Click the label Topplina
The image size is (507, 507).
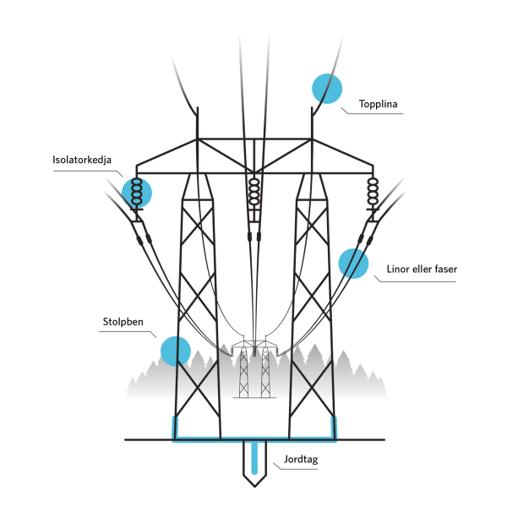click(x=378, y=104)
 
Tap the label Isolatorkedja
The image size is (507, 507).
click(x=82, y=160)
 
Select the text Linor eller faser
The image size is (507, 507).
click(x=422, y=269)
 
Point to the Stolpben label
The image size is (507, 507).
click(x=123, y=322)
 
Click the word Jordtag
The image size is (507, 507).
click(x=301, y=460)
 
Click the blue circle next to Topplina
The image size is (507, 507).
click(x=327, y=89)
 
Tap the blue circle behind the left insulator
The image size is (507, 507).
click(x=137, y=193)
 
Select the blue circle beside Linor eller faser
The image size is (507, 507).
click(x=353, y=264)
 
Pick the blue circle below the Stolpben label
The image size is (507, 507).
click(x=176, y=352)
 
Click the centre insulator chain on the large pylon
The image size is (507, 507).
click(x=254, y=192)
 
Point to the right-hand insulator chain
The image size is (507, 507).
click(x=373, y=192)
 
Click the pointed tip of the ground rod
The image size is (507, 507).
click(x=254, y=487)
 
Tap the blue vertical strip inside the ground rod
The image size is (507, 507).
click(x=254, y=457)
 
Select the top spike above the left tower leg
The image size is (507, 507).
click(x=197, y=123)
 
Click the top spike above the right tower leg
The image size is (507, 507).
click(x=312, y=123)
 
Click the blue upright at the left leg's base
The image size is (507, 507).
click(x=175, y=428)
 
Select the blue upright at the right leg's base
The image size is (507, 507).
click(x=334, y=428)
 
